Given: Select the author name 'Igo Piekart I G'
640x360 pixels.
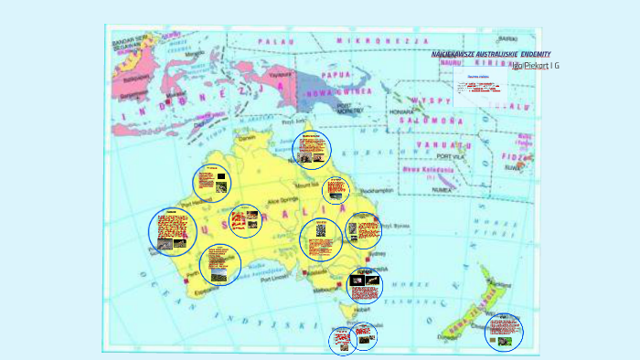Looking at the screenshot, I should click(x=535, y=66).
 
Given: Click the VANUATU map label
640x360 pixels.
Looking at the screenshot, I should click(x=444, y=145).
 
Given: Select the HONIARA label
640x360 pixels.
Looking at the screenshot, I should click(x=402, y=111).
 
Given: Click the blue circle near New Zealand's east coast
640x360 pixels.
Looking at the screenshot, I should click(x=504, y=333).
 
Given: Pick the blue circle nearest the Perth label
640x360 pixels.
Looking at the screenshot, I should click(x=220, y=263).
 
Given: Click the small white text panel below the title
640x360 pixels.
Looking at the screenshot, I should click(x=480, y=88).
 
